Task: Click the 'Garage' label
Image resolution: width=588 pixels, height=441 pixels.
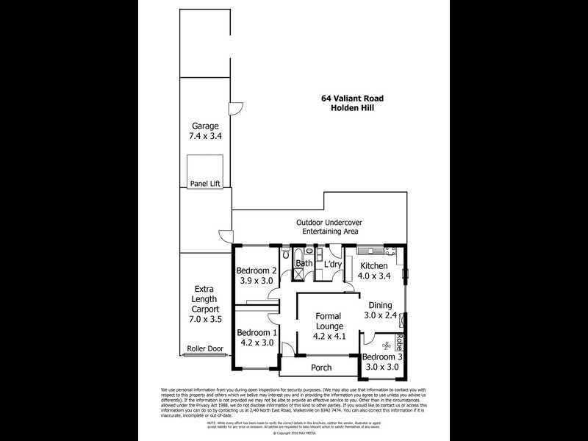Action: [x=206, y=126]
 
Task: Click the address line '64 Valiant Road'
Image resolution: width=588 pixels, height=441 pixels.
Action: [x=352, y=98]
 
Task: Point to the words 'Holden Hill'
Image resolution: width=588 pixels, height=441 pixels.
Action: [x=352, y=108]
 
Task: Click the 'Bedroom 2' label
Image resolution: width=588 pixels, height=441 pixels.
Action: [x=255, y=270]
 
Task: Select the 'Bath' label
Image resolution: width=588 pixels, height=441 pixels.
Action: [x=304, y=263]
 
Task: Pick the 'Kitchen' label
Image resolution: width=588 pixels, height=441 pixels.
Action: [x=373, y=265]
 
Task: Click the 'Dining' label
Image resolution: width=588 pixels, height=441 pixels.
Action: [x=379, y=305]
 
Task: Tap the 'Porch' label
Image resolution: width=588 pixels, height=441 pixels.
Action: [x=321, y=367]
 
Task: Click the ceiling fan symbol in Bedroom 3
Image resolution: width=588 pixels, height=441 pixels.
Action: [x=386, y=344]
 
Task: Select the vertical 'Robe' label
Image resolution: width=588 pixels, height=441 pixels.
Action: [x=398, y=343]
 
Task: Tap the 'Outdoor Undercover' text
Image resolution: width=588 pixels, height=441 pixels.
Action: [x=329, y=222]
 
